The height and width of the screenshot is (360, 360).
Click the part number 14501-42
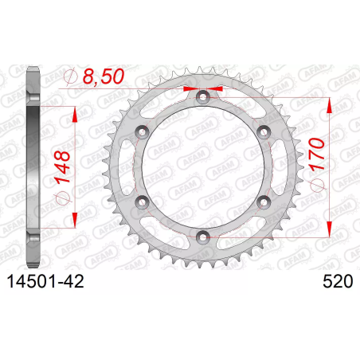(45, 281)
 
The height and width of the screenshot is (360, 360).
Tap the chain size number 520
(338, 281)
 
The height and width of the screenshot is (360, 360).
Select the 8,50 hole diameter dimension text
(104, 76)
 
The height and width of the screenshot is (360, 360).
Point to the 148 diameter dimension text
(63, 167)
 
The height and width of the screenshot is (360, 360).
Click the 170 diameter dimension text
(317, 154)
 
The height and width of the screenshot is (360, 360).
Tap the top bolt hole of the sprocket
(203, 97)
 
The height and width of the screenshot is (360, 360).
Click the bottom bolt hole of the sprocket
(203, 237)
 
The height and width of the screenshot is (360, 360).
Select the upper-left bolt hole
(142, 132)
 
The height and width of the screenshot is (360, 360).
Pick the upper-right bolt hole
(264, 132)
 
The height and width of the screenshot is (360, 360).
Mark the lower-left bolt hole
(142, 202)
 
